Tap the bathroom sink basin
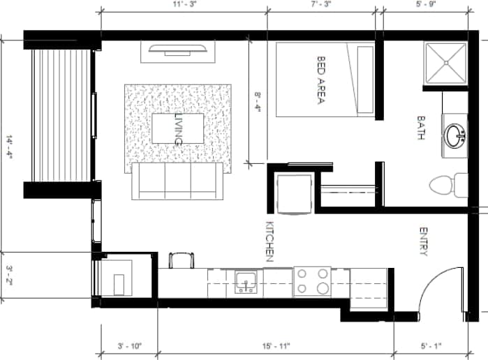click(457, 134)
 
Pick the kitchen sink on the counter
click(245, 282)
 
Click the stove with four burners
click(312, 280)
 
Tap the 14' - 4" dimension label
click(10, 144)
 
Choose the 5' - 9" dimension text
click(426, 4)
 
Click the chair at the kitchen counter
click(182, 260)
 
